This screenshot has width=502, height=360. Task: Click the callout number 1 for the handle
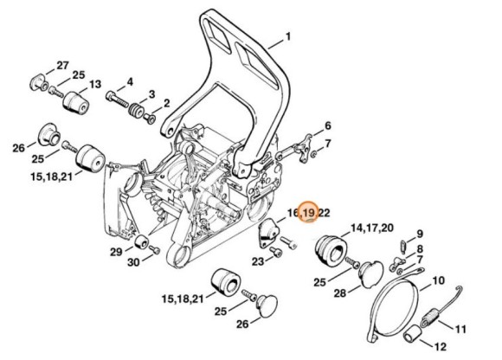288,38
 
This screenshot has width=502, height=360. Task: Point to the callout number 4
130,81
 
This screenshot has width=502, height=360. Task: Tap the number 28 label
340,292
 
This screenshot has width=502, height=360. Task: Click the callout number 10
439,280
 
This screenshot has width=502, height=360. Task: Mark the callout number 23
257,260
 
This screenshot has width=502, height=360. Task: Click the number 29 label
116,252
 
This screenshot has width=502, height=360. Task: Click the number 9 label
420,234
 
